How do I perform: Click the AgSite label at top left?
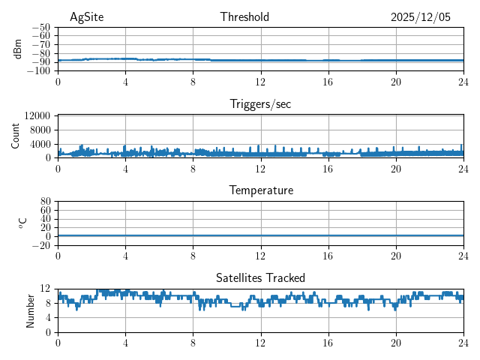coord(86,17)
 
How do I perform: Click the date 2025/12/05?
coord(421,17)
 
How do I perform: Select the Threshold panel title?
coord(244,17)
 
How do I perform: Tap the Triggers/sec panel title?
coord(260,104)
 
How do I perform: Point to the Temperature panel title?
coord(260,190)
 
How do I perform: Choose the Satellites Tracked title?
coord(260,277)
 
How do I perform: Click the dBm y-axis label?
coord(18,48)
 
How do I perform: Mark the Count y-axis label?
coord(16,136)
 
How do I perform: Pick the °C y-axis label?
coord(22,223)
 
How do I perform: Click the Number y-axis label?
coord(31,310)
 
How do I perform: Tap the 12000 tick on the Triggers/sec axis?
coord(37,116)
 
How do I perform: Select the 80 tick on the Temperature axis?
coord(44,202)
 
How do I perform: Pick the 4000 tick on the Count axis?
coord(40,144)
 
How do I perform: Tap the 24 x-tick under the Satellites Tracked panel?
coord(463,342)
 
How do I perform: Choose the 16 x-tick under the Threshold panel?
coord(328,81)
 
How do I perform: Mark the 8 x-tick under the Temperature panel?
coord(193,255)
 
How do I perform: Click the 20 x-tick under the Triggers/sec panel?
coord(395,168)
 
